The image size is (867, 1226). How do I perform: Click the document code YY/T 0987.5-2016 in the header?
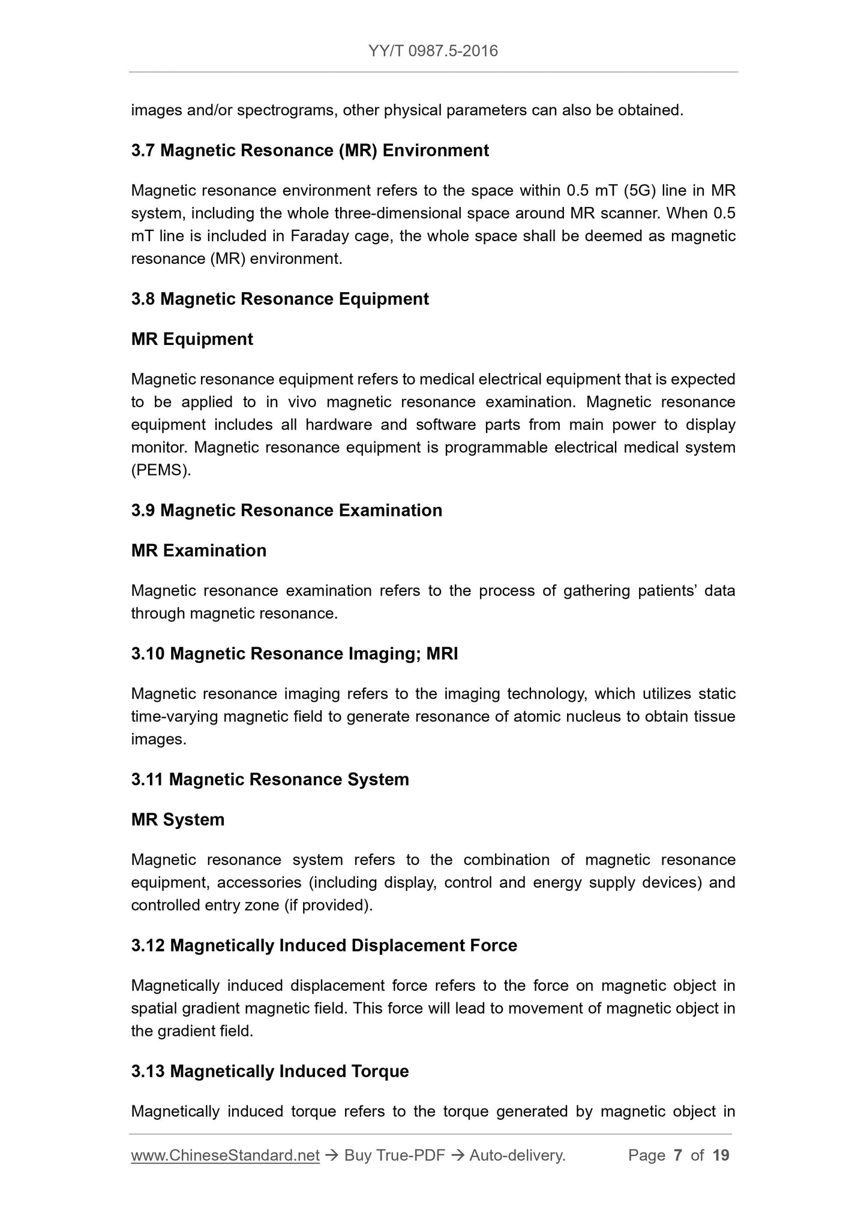(x=433, y=51)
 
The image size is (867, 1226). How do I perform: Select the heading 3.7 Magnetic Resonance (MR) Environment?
(x=310, y=150)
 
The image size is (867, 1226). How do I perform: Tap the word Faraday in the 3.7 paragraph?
(x=319, y=236)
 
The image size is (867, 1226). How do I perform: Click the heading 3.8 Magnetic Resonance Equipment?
(x=280, y=299)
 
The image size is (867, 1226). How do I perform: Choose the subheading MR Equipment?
(x=192, y=339)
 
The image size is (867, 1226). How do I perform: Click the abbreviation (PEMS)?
(x=161, y=470)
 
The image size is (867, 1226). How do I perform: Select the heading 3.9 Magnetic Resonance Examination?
(x=286, y=510)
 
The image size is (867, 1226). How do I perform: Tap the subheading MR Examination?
(x=199, y=550)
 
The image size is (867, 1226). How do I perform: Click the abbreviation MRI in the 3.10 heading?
(x=442, y=653)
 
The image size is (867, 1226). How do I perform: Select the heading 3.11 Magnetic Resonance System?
(x=270, y=779)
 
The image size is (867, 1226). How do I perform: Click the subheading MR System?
(x=178, y=819)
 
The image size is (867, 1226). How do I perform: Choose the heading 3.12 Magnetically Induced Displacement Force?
(x=324, y=945)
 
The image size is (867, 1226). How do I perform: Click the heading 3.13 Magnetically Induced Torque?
(x=270, y=1071)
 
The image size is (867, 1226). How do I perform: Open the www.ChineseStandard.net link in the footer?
(x=225, y=1155)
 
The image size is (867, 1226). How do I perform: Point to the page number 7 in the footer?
(x=678, y=1155)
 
